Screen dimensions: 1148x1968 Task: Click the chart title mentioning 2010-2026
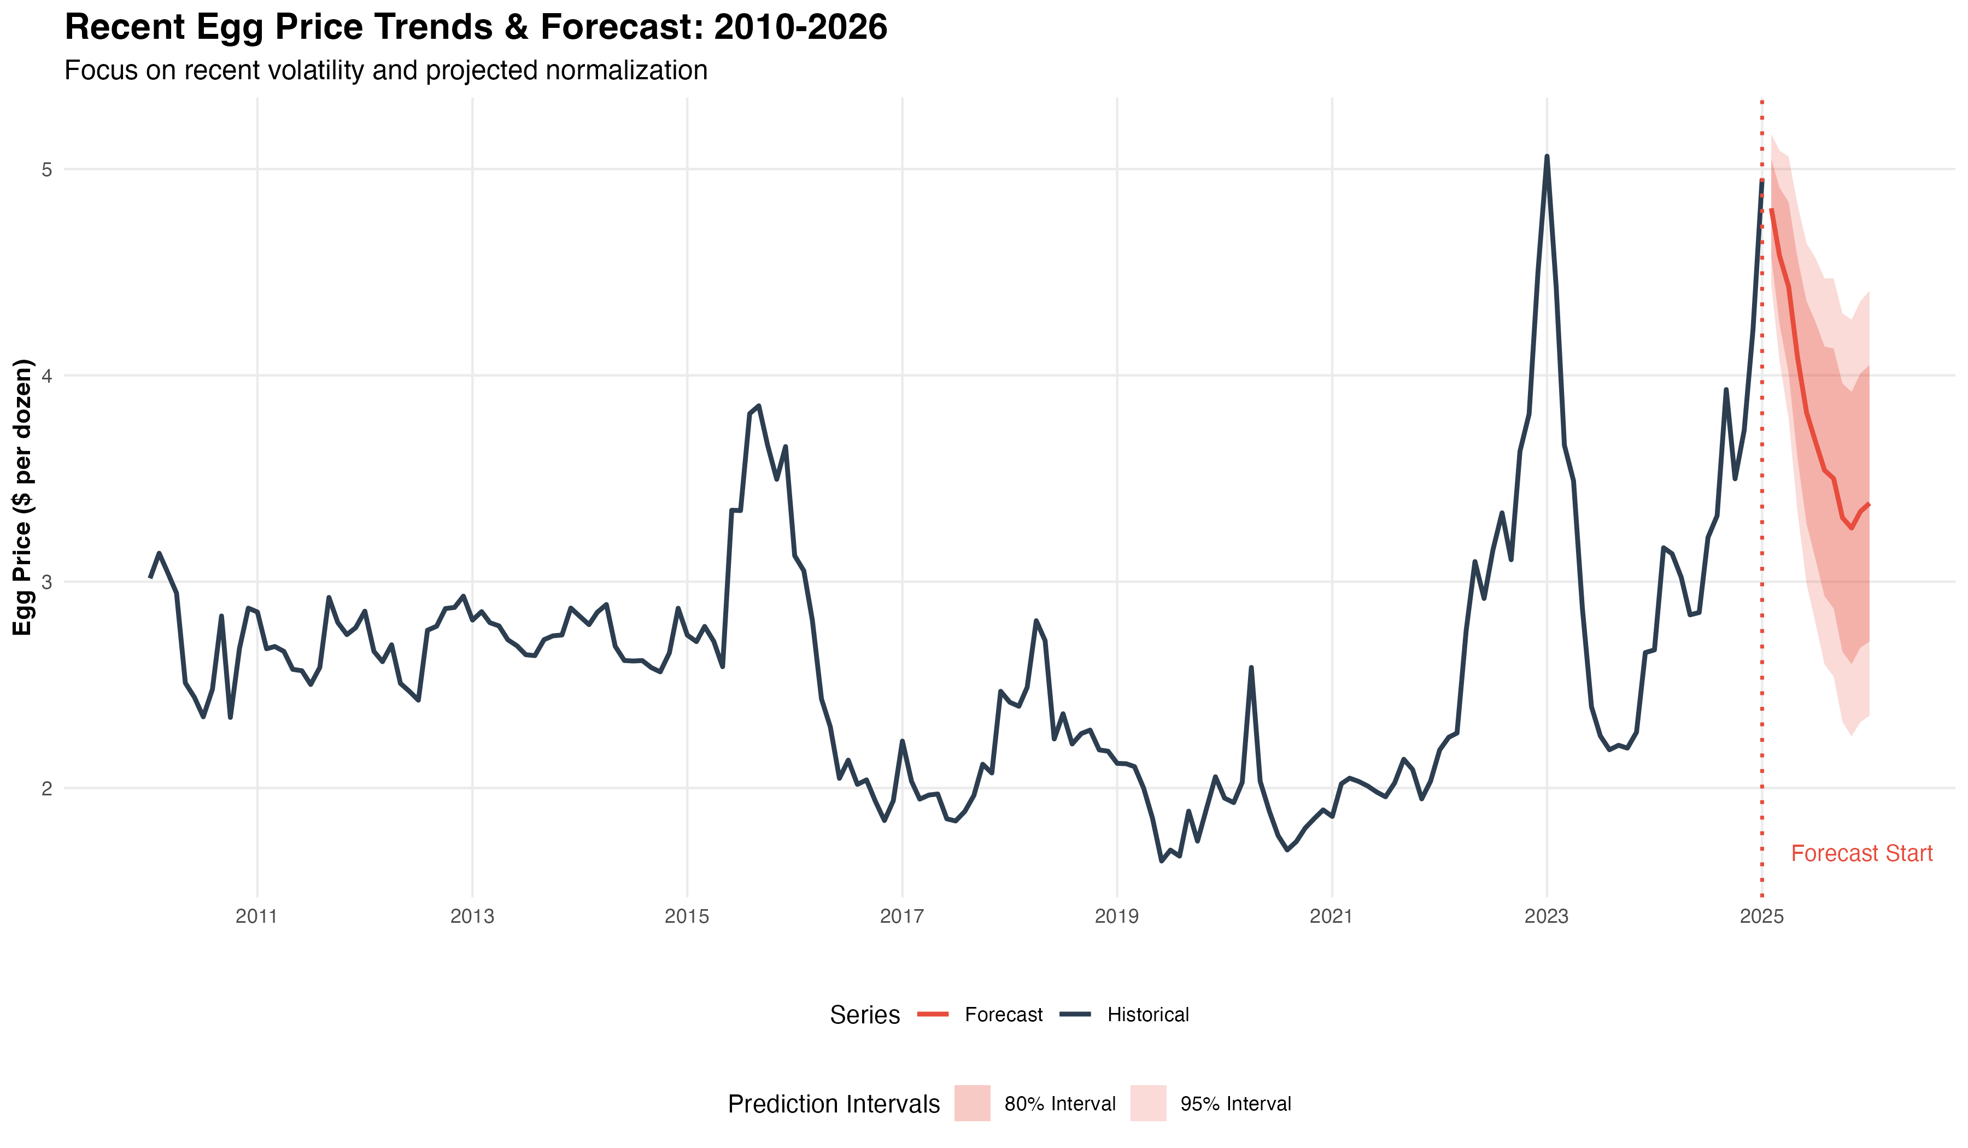coord(476,27)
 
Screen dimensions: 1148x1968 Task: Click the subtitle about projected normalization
coord(386,71)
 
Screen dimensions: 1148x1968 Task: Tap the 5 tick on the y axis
coord(47,169)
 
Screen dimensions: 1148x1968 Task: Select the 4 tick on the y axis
coord(47,376)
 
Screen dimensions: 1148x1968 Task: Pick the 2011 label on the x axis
coord(257,917)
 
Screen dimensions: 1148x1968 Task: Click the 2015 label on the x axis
coord(687,917)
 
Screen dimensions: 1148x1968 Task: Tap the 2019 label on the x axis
coord(1117,917)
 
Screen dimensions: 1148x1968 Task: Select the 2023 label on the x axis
coord(1547,917)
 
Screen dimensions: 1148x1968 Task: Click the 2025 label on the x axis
coord(1762,917)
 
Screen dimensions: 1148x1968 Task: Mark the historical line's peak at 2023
coord(1547,157)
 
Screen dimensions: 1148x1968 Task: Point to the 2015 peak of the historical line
coord(758,406)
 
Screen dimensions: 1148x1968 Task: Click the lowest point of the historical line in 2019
coord(1162,860)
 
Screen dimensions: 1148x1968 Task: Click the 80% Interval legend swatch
coord(973,1104)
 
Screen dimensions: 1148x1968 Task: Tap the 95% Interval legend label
coord(1235,1104)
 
